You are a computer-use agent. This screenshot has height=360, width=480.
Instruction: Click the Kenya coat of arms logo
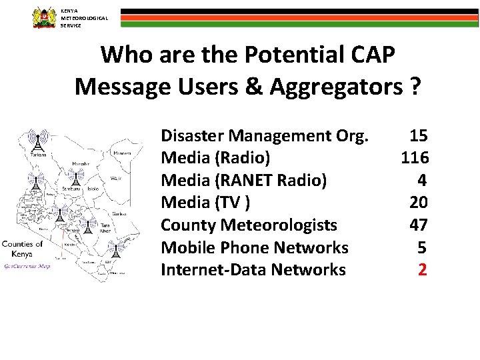[x=45, y=17]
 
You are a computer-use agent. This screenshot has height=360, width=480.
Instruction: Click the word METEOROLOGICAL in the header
[x=83, y=18]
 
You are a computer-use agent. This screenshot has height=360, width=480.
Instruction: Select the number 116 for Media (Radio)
[x=414, y=158]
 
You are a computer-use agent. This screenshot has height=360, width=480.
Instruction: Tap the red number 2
[x=422, y=269]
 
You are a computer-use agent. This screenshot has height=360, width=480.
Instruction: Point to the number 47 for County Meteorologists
[x=418, y=225]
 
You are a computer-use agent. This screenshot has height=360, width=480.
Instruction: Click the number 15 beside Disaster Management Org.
[x=418, y=136]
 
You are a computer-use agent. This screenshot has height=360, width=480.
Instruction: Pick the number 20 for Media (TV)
[x=418, y=203]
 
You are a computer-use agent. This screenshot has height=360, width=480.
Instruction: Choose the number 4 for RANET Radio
[x=422, y=180]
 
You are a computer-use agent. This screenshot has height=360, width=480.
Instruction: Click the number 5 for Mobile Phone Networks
[x=421, y=247]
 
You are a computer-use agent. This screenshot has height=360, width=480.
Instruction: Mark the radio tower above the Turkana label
[x=39, y=140]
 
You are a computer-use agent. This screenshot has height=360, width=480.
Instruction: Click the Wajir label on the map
[x=117, y=178]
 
